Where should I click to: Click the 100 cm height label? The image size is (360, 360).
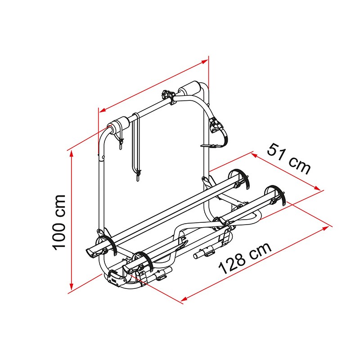[x=59, y=223]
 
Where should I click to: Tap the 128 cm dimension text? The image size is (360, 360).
[x=245, y=258]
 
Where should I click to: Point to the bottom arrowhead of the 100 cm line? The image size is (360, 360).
[x=72, y=287]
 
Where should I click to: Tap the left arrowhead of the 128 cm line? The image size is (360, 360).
[x=184, y=299]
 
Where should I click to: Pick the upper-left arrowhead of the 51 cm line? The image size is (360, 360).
[x=254, y=155]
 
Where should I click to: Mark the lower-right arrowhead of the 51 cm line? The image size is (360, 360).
[x=317, y=188]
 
